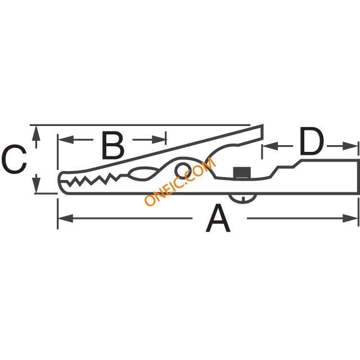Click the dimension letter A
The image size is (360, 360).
click(x=218, y=219)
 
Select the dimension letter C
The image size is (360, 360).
click(x=14, y=160)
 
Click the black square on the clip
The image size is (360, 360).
click(x=242, y=172)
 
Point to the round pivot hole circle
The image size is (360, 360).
click(x=182, y=170)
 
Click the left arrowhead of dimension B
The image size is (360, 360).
click(x=62, y=138)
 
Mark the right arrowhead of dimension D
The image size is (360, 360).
click(x=354, y=146)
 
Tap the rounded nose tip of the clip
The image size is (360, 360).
click(x=61, y=180)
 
